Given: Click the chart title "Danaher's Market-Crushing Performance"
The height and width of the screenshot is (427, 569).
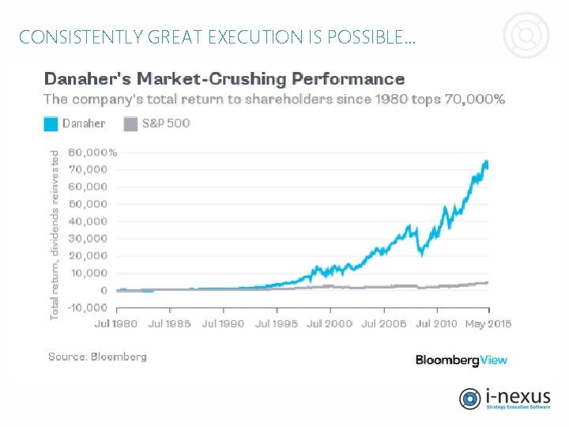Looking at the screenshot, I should click(224, 79).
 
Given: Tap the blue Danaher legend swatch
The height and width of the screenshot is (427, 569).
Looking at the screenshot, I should click(51, 123).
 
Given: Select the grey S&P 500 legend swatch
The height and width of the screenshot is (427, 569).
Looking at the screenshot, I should click(130, 123).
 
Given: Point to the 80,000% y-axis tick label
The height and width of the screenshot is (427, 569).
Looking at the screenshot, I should click(92, 152).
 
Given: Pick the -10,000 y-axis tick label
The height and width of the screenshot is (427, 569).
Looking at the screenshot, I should click(86, 308).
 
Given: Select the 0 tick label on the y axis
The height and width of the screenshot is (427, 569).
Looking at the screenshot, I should click(103, 290).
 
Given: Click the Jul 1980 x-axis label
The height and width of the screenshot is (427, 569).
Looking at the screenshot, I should click(115, 324).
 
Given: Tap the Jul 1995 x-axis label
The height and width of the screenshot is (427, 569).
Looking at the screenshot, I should click(276, 324).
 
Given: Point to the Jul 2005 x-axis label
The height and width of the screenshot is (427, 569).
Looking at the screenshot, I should click(383, 324).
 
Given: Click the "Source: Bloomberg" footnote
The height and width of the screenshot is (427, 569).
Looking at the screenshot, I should click(97, 357).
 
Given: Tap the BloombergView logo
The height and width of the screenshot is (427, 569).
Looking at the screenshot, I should click(462, 360).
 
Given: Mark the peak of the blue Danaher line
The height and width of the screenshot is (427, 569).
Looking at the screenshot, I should click(486, 162).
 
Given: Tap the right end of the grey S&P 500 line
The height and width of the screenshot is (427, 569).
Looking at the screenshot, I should click(487, 282).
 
